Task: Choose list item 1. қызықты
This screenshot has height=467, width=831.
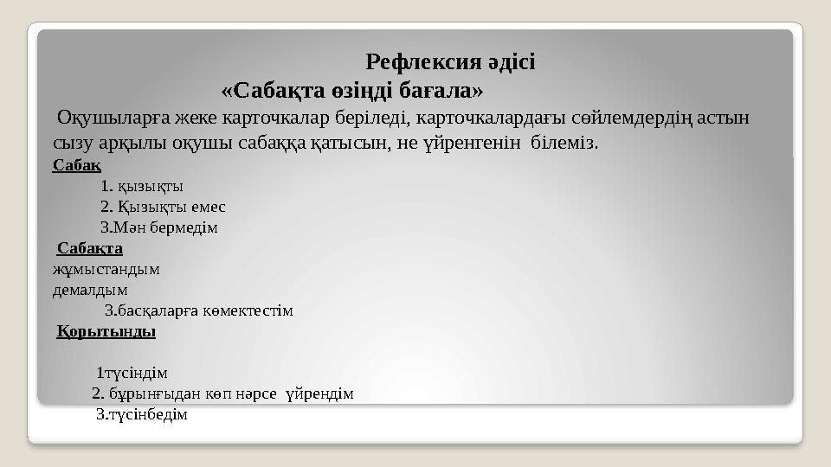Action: point(142,185)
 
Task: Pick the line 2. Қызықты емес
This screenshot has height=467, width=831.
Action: point(163,207)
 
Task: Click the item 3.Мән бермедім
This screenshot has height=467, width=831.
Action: point(159,228)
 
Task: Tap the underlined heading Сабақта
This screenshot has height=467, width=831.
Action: point(90,249)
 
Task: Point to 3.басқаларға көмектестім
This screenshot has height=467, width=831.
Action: point(199,310)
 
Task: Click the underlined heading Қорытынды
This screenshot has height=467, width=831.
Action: point(106,331)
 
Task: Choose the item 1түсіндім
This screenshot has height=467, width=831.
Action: point(132,373)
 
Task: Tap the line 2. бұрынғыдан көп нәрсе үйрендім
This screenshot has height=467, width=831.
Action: point(223,393)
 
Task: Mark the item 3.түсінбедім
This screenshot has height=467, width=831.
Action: point(141,414)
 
